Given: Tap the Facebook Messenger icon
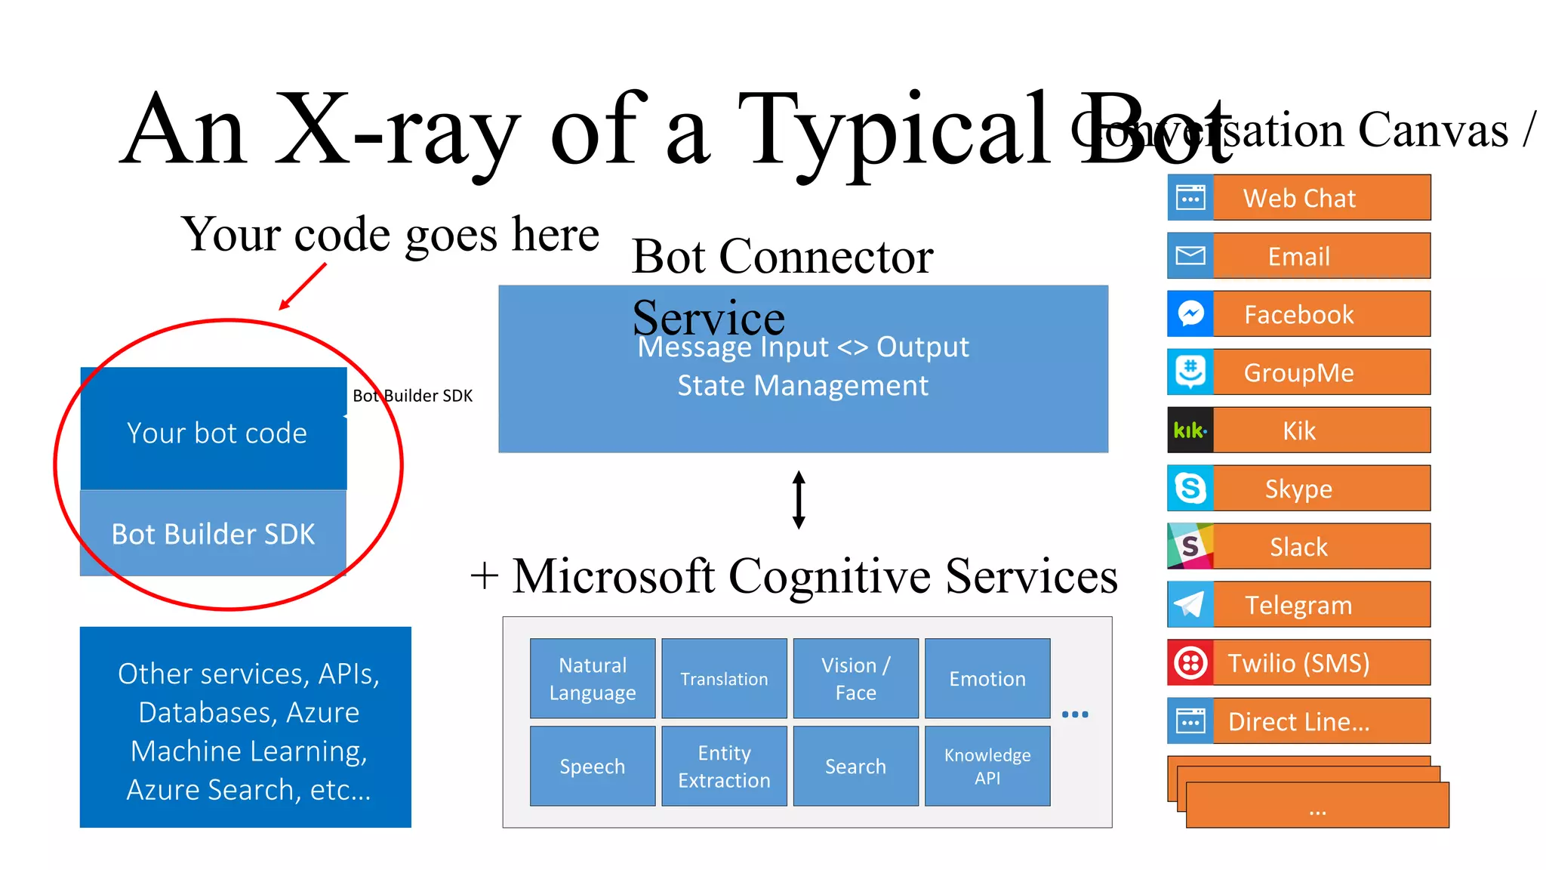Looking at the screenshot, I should tap(1190, 313).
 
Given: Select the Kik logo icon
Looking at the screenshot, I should tap(1190, 430).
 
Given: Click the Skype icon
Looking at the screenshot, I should tap(1190, 488).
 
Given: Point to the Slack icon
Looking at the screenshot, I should tap(1190, 546).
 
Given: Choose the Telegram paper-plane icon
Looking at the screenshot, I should tap(1190, 604).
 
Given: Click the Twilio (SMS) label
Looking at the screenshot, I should tap(1298, 663).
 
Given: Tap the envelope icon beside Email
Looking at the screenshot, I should tap(1190, 255).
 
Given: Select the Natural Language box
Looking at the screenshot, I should tap(593, 678).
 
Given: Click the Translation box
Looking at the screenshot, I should tap(724, 678).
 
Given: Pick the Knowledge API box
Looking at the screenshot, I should tap(987, 766).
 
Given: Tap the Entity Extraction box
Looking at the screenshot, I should tap(724, 766).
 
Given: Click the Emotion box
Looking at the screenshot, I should tap(987, 678).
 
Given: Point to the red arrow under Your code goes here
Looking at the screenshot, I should tap(303, 286).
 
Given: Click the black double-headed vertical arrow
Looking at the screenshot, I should tap(799, 499).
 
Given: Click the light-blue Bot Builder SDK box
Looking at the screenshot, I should tap(214, 533).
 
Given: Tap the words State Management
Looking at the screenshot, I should tap(802, 386).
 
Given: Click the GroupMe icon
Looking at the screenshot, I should tap(1190, 372).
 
